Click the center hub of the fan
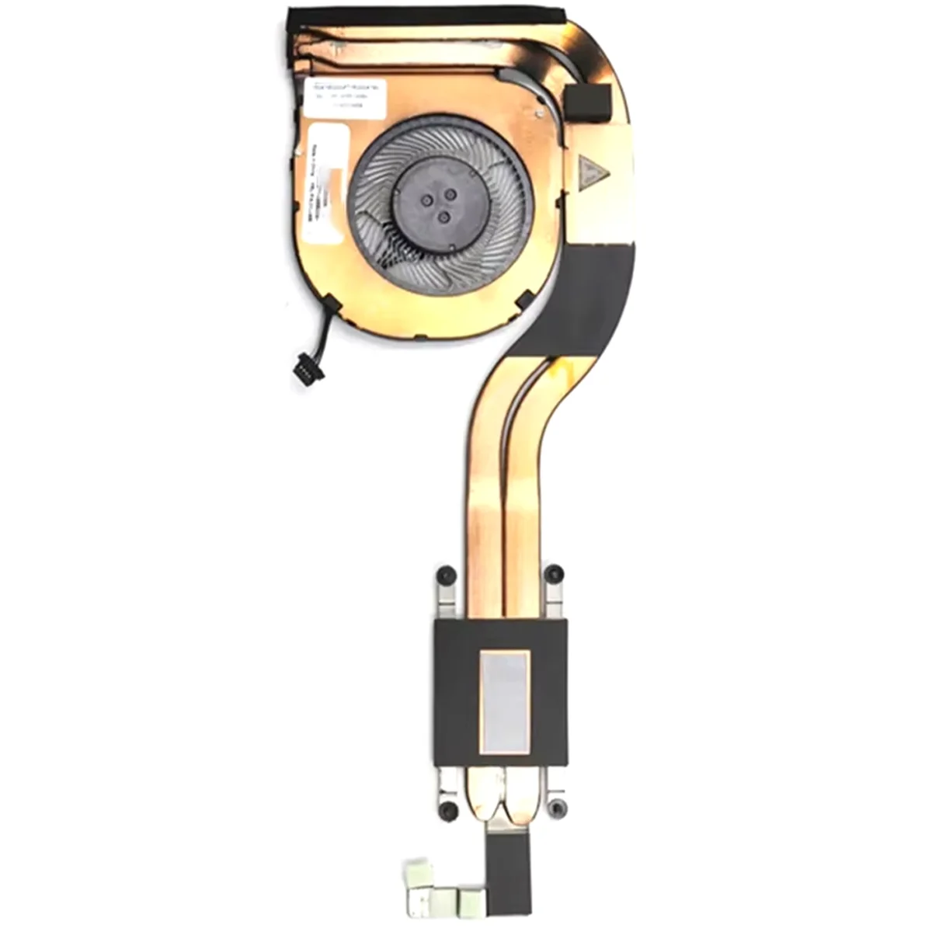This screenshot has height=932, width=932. tap(441, 200)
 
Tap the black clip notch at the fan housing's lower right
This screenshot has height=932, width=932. tap(525, 297)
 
